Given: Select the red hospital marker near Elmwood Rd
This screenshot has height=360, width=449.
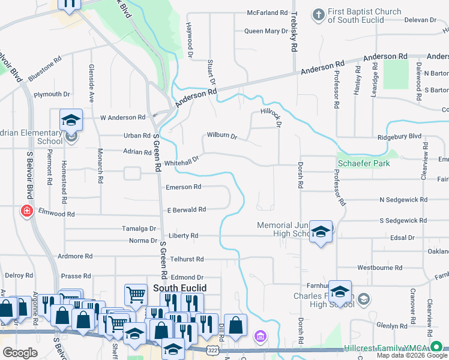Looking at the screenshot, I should (27, 211).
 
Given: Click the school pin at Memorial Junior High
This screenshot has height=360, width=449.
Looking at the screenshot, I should (321, 233).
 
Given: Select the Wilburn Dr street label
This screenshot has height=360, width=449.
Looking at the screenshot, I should (222, 136).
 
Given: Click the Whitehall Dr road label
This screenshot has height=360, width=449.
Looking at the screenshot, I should (181, 159).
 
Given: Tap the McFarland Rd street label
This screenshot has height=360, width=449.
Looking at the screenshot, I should (267, 13).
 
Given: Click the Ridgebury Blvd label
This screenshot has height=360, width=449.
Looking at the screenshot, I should (400, 137).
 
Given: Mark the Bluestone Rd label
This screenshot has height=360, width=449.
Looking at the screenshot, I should (45, 68).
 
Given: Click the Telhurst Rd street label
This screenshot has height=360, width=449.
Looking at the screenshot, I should (187, 259).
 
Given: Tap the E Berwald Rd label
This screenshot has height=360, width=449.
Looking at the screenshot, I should (186, 209).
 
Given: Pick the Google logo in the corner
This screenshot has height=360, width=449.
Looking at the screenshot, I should (20, 353).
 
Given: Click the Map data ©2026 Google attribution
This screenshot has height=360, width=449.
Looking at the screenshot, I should (412, 355).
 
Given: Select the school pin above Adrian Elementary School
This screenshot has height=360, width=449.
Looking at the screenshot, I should (70, 121).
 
